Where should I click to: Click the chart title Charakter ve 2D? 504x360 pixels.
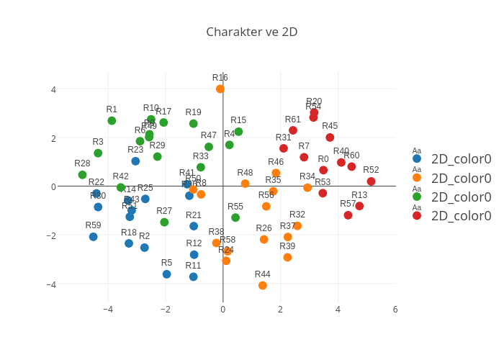(251, 32)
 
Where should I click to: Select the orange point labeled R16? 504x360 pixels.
(220, 89)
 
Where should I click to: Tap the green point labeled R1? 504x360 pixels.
(112, 121)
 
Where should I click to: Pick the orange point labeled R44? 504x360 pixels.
(263, 286)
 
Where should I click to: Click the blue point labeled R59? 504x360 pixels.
(93, 237)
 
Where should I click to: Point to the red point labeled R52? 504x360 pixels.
(371, 181)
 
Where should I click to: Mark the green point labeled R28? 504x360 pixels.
(82, 175)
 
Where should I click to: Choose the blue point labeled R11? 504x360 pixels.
(193, 277)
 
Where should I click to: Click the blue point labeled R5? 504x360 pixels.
(166, 274)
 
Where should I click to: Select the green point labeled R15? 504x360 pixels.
(238, 132)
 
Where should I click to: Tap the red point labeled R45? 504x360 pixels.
(330, 138)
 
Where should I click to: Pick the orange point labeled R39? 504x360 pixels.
(287, 258)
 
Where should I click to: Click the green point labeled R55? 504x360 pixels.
(235, 217)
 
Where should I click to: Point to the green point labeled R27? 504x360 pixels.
(164, 222)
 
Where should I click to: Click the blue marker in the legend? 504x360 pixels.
(417, 158)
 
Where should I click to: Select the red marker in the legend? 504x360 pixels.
(417, 215)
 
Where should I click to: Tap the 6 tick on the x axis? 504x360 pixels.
(395, 310)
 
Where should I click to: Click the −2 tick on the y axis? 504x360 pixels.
(53, 235)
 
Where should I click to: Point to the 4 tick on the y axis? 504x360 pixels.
(53, 89)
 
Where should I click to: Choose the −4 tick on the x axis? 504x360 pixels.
(108, 310)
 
